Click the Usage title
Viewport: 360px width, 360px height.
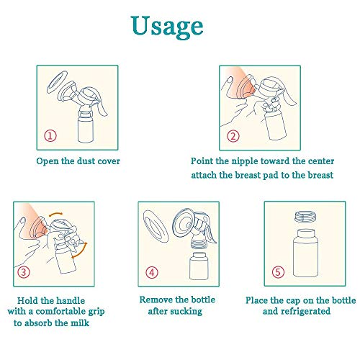click(x=167, y=27)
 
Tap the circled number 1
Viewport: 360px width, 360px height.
click(x=50, y=136)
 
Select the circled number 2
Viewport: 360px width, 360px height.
click(x=233, y=136)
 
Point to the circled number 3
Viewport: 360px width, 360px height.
click(x=24, y=272)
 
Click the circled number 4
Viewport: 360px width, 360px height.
click(x=152, y=272)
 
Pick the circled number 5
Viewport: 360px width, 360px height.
click(x=278, y=272)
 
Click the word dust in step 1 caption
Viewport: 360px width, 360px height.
click(x=87, y=161)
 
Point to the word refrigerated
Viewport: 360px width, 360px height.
click(x=305, y=312)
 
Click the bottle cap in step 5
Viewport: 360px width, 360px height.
click(x=305, y=217)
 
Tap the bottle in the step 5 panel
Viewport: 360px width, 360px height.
click(x=305, y=253)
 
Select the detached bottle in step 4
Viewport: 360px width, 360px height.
click(x=199, y=266)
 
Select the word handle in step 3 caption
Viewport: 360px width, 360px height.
click(x=71, y=301)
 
